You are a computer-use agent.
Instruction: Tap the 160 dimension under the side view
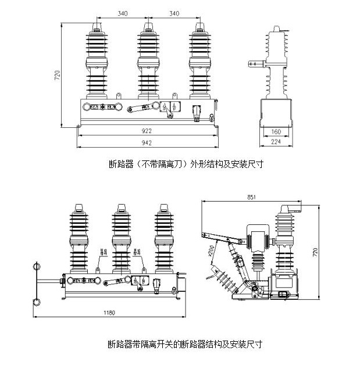[x=276, y=131]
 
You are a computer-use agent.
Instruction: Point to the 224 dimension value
[x=276, y=141]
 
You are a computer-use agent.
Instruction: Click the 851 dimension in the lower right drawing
[x=251, y=197]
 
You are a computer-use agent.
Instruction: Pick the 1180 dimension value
[x=109, y=313]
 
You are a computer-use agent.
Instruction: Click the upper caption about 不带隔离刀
[x=186, y=164]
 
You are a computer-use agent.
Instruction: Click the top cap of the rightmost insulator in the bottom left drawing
[x=165, y=207]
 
